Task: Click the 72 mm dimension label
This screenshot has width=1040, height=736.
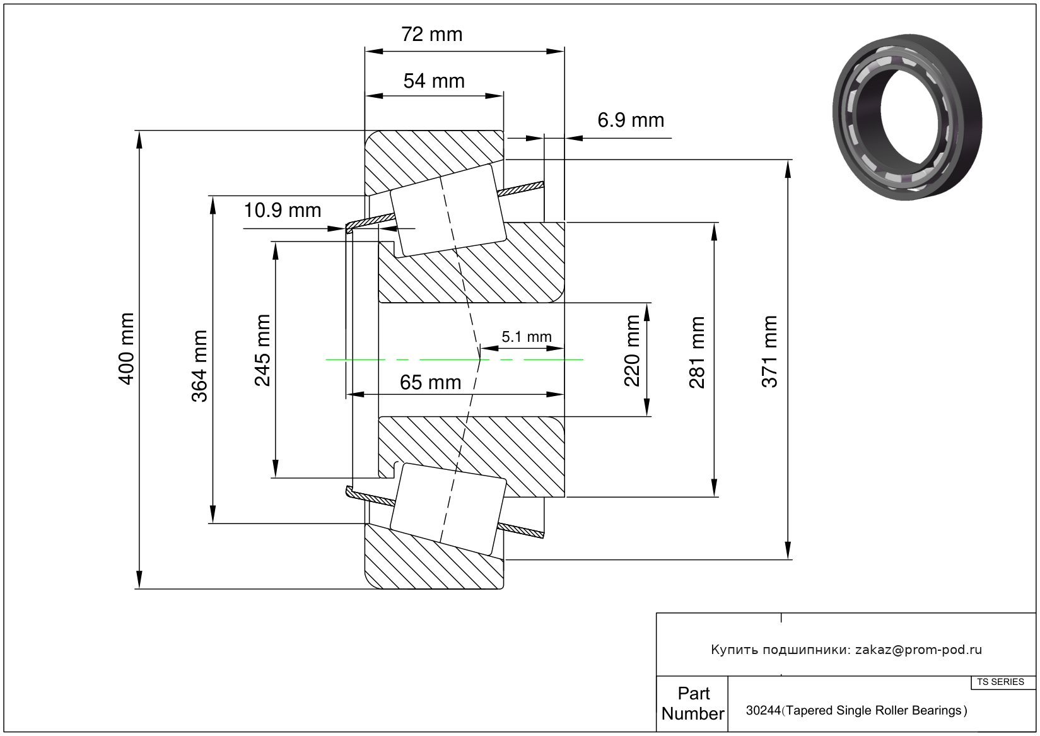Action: [432, 34]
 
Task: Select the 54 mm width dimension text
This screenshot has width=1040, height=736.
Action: [434, 81]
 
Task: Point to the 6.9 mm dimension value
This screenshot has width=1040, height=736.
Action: [631, 120]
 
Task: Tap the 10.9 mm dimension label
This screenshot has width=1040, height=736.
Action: [283, 210]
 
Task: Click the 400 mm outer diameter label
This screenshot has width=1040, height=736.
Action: [127, 349]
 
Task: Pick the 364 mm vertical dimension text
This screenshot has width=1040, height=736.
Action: [200, 366]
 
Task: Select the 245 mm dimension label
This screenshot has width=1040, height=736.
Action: [262, 350]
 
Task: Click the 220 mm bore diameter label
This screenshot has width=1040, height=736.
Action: [632, 351]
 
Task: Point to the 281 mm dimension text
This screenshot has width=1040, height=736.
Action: [697, 352]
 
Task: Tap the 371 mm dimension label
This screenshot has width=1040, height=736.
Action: [769, 352]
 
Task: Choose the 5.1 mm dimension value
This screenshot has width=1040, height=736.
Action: [527, 337]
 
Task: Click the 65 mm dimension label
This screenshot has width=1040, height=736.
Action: [430, 382]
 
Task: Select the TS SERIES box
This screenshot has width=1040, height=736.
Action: [1001, 682]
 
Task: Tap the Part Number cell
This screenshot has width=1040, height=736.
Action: [692, 703]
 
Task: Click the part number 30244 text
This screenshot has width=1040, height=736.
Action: [763, 711]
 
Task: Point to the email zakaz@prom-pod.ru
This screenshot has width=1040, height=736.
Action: [918, 650]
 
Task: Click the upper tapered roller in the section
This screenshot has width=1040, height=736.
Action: [448, 211]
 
